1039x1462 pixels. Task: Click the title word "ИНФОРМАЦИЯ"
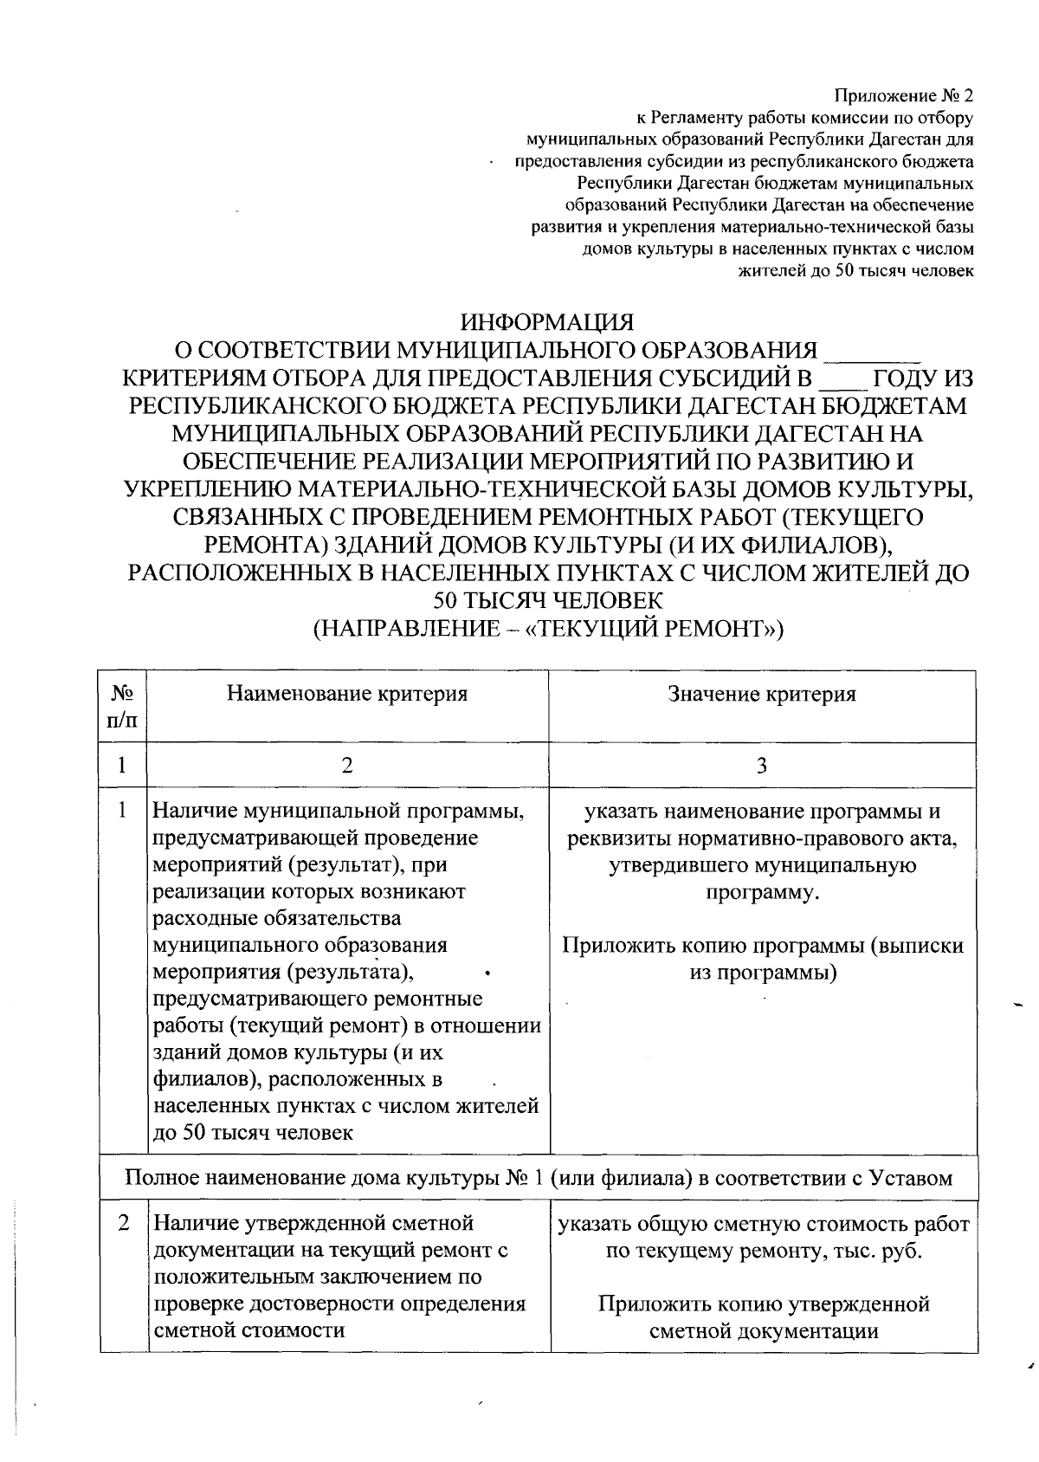547,323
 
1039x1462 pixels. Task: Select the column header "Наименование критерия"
347,694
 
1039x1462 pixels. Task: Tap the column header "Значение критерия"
762,694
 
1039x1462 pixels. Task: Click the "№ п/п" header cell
122,706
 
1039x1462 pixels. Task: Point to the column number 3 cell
762,765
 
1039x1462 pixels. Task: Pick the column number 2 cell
347,765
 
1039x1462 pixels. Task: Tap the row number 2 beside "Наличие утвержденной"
124,1224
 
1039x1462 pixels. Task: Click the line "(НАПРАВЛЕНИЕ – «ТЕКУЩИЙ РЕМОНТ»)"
547,628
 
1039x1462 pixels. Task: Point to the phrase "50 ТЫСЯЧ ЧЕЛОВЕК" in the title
547,600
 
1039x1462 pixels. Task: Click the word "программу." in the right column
762,892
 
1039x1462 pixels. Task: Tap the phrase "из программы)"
763,973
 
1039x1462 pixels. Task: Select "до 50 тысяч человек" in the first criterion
253,1133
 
